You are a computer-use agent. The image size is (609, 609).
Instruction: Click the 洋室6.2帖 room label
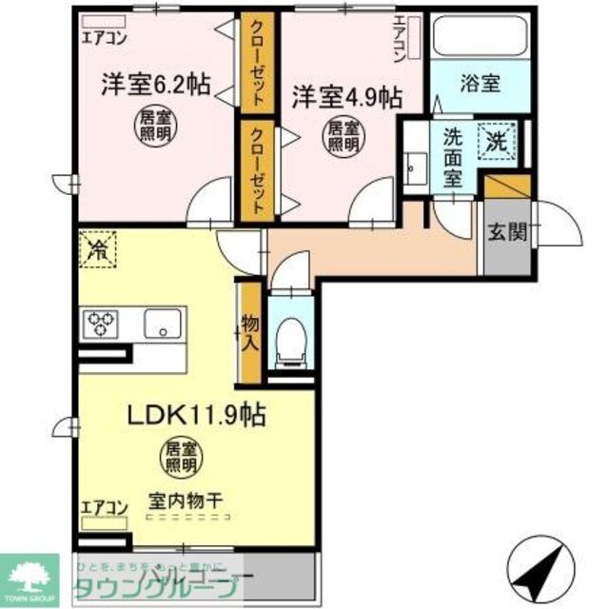click(156, 87)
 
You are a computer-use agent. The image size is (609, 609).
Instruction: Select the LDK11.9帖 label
click(196, 415)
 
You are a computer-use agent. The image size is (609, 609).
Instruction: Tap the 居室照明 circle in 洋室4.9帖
click(342, 136)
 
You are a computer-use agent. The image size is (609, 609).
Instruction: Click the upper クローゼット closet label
click(258, 62)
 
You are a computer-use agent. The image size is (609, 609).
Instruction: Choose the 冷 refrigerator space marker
click(96, 250)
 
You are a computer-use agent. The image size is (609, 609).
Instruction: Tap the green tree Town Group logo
click(34, 574)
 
